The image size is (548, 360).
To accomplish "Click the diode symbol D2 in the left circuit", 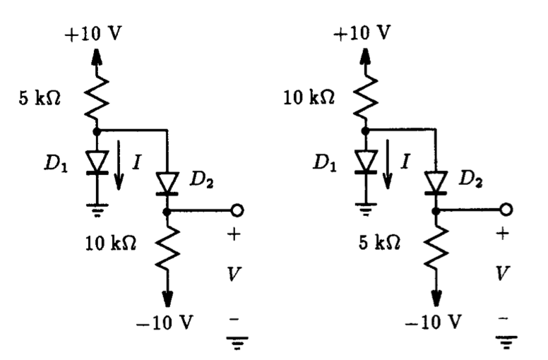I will click(166, 184).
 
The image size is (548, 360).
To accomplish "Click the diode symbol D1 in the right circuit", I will click(367, 162).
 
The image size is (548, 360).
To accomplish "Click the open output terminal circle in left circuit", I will click(235, 210).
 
